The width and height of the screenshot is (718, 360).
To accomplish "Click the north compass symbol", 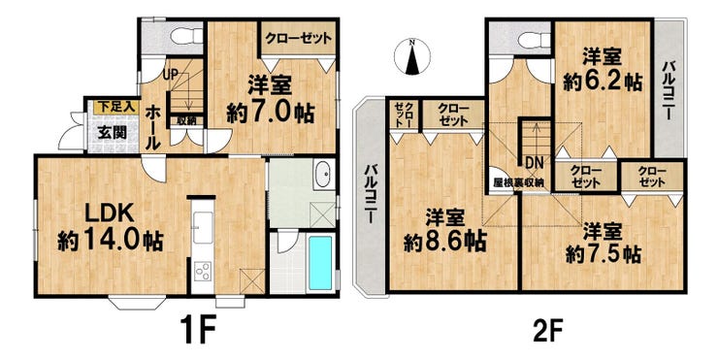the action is tap(412, 56).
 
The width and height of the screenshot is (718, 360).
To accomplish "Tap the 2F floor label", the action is tap(547, 328).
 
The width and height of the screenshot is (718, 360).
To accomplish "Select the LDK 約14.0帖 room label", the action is tap(110, 228).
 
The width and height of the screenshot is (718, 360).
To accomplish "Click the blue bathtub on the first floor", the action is tap(320, 263).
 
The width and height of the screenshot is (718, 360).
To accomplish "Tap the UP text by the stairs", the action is tap(170, 75).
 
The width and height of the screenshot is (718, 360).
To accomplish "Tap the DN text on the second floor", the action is tap(534, 162).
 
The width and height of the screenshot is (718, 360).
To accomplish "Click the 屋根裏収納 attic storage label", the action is tap(518, 182).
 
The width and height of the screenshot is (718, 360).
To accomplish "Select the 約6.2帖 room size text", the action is tap(603, 82).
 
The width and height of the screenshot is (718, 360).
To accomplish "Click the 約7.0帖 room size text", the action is tap(270, 113).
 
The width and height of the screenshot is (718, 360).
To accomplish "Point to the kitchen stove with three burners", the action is tap(203, 271).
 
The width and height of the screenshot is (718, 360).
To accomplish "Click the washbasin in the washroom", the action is tap(325, 174).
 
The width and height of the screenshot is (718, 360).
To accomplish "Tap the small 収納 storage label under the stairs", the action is tap(186, 121).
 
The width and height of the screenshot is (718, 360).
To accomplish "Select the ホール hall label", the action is tap(152, 128).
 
